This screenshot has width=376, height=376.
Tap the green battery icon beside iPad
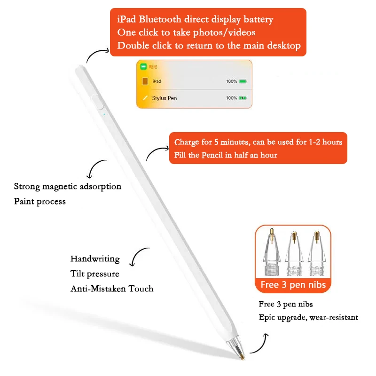click(x=243, y=81)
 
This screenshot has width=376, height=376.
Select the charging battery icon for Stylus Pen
click(x=243, y=98)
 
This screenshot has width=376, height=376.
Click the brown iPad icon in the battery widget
click(x=145, y=81)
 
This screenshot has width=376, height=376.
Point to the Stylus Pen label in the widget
click(x=164, y=98)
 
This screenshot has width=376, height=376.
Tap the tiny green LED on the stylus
click(x=104, y=113)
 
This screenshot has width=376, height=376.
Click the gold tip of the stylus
click(x=242, y=358)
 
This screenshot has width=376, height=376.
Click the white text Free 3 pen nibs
click(x=293, y=284)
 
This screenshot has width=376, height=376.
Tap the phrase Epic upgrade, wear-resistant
click(x=308, y=317)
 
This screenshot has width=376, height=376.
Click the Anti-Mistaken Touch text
click(x=112, y=289)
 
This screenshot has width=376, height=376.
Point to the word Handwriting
click(x=95, y=259)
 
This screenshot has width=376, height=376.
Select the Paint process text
click(x=40, y=201)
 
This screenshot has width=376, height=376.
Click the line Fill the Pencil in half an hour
click(x=226, y=155)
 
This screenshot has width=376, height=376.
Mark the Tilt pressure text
click(x=94, y=274)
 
